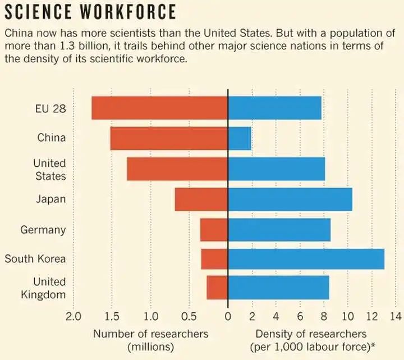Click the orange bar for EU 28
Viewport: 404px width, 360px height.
[159, 108]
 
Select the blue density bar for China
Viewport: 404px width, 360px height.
[240, 138]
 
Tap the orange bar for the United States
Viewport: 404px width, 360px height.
[177, 169]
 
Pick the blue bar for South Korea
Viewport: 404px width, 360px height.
[306, 259]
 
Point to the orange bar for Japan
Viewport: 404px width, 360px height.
[201, 199]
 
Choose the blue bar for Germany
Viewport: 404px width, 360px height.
[279, 230]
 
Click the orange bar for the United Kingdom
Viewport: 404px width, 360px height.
[217, 288]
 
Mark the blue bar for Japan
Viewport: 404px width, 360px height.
[290, 199]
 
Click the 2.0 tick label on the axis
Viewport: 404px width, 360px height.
[74, 316]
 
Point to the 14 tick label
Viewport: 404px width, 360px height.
[396, 316]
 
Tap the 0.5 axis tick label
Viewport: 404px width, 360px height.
[190, 316]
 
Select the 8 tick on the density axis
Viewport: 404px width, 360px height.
[324, 316]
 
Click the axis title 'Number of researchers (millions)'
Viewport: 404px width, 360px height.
[150, 340]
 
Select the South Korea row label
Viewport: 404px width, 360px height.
[35, 259]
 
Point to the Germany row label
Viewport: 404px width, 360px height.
[43, 230]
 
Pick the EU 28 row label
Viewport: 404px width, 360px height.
[50, 108]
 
